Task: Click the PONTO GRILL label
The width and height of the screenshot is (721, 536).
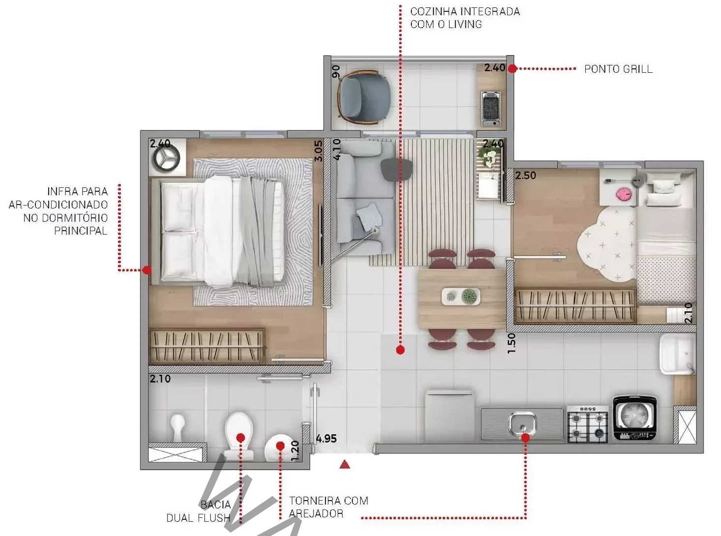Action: coord(618,69)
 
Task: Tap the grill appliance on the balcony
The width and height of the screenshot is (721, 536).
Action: coord(491,108)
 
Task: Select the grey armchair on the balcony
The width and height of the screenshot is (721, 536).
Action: coord(364,97)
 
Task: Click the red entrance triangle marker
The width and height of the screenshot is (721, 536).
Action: coord(345,464)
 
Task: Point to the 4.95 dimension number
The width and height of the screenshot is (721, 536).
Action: coord(326,439)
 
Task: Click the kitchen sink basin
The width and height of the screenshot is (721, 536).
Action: coord(523,422)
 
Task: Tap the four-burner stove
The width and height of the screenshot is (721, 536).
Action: coord(588,424)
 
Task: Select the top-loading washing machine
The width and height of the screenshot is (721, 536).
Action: coord(634,418)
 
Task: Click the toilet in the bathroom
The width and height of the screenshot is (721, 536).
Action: coord(238,436)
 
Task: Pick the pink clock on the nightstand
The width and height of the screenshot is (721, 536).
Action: coord(624,194)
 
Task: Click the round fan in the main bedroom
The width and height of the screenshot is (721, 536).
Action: coord(167,158)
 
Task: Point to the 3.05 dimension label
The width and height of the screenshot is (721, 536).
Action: coord(318,151)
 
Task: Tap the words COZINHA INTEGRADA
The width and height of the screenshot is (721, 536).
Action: coord(465,12)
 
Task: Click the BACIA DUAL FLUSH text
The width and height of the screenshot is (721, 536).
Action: coord(199,511)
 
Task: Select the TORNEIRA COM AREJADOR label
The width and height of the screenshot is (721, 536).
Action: coord(329,507)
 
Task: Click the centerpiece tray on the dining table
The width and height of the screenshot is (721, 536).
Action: coord(461,297)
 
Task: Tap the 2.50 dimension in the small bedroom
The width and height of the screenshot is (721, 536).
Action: coord(525,176)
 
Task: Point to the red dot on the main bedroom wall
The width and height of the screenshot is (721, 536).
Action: coord(147,270)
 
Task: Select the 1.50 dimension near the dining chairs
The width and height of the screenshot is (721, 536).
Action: coord(511,343)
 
